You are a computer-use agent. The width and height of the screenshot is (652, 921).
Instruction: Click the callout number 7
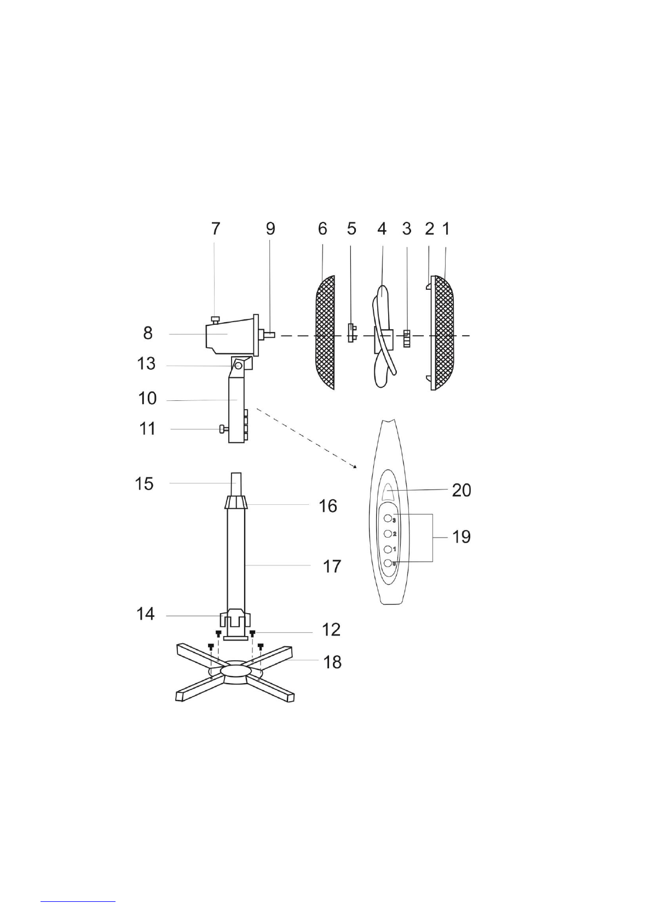click(x=216, y=229)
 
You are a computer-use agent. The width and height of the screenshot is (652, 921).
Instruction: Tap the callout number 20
click(x=461, y=490)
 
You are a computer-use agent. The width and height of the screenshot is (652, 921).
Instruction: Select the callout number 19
click(x=461, y=537)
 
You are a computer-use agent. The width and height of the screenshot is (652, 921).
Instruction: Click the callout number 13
click(x=146, y=364)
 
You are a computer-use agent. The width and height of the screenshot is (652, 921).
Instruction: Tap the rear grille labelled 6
click(x=325, y=333)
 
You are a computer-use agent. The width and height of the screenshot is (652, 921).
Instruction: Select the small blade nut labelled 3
click(x=407, y=339)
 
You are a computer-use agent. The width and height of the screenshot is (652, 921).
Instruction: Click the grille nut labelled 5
click(x=351, y=333)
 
